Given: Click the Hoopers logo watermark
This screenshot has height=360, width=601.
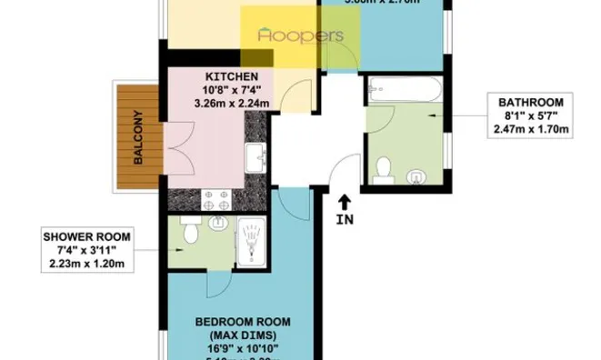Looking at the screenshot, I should [300, 35].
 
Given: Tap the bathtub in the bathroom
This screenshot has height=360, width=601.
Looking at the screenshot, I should [405, 91].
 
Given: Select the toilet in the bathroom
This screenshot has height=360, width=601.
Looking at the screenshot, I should [384, 170].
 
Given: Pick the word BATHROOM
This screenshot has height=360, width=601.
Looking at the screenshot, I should [530, 102].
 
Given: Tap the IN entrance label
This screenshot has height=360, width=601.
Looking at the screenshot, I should [344, 219].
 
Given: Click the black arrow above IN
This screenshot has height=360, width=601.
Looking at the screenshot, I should [344, 199].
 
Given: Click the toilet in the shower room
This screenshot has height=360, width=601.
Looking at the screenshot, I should [190, 235].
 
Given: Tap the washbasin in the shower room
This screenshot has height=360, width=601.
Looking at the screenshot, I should [218, 223].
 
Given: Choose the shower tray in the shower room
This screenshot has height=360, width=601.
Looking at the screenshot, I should [248, 244].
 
